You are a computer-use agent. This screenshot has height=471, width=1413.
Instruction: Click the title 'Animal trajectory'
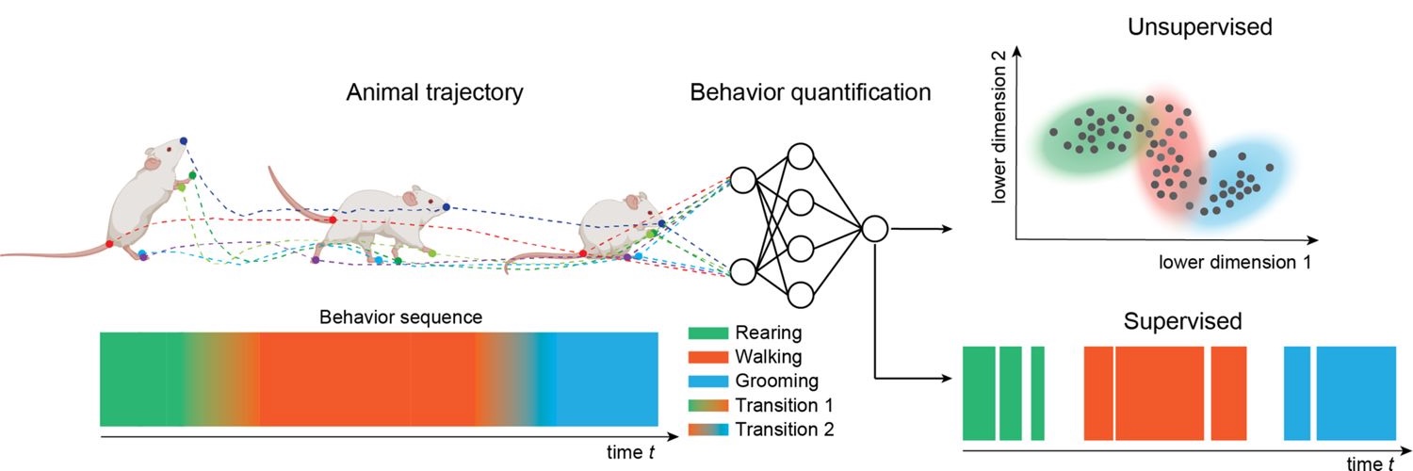point(434,92)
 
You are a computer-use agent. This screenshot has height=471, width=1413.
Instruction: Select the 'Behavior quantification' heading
point(810,92)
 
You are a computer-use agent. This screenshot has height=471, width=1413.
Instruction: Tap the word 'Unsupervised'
point(1200,27)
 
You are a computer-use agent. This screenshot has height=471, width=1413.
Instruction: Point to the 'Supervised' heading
point(1183,321)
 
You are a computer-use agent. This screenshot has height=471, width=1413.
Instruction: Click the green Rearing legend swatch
point(707,333)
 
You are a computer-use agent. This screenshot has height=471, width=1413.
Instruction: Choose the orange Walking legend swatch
point(707,357)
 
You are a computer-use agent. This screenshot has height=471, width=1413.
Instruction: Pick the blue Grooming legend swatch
point(707,382)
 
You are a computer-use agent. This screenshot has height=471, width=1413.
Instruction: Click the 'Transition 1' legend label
point(784,405)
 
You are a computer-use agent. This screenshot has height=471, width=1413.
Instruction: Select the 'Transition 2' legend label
point(784,430)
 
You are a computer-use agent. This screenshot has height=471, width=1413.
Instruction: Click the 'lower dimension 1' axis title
point(1234,262)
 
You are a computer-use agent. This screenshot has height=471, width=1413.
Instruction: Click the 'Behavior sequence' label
point(400,317)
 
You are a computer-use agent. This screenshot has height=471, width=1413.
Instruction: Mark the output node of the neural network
point(875,230)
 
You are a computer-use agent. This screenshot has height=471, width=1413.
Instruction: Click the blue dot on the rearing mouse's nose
point(183,140)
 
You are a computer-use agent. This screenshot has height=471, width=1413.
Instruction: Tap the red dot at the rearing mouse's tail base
point(110,243)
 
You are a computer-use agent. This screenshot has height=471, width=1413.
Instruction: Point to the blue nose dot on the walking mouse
point(447,207)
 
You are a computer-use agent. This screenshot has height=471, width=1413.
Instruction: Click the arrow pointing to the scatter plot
point(921,229)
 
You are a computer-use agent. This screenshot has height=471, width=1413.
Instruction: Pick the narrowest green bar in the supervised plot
point(1038,394)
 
